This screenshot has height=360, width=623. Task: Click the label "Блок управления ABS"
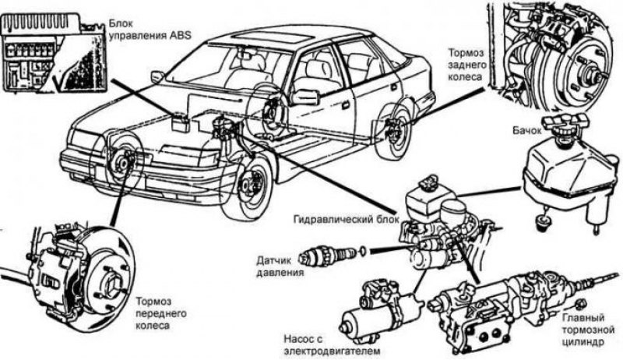pos(150,30)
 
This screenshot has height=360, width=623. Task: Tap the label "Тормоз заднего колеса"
pos(467,65)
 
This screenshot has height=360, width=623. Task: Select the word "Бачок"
pos(527,131)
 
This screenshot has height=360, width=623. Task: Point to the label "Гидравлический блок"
pos(346,219)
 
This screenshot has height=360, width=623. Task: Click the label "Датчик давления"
pos(280,266)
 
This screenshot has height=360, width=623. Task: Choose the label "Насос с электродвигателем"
pos(332,345)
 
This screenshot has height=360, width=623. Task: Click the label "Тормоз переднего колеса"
pos(161,313)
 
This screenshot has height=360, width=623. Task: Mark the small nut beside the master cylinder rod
pos(581,303)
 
